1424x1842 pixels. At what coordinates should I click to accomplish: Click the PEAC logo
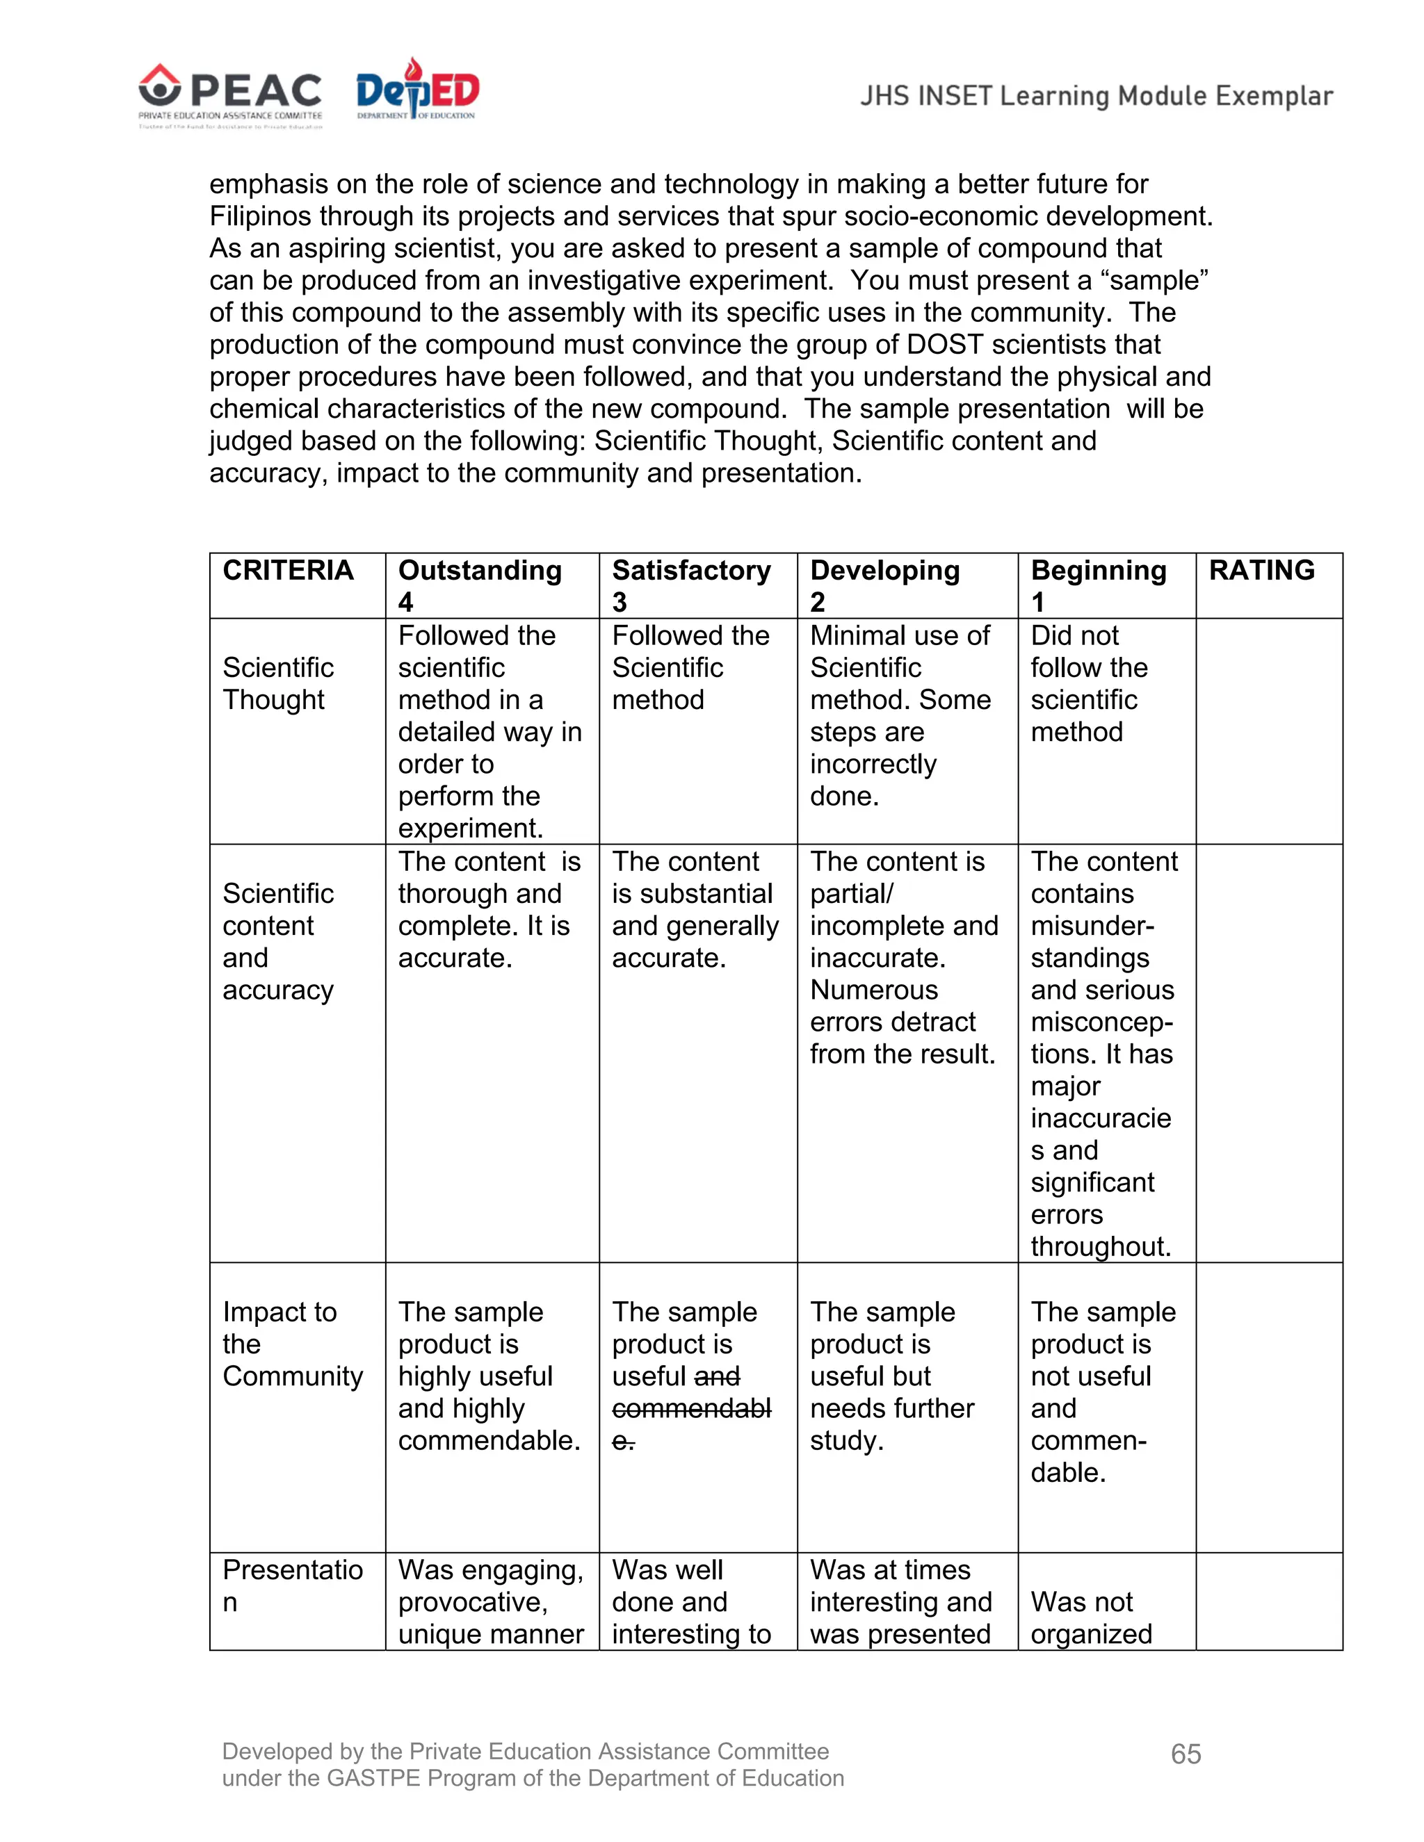(230, 95)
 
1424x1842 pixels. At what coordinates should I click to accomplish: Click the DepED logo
(418, 91)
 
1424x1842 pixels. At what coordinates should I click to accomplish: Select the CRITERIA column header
(288, 571)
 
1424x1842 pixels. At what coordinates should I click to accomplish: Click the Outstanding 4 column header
(479, 585)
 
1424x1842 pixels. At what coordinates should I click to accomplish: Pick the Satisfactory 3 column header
(691, 585)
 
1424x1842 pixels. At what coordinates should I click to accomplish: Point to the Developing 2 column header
(885, 585)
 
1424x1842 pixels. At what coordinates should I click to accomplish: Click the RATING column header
(1261, 571)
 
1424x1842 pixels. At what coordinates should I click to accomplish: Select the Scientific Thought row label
(277, 683)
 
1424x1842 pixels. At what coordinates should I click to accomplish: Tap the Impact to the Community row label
(292, 1344)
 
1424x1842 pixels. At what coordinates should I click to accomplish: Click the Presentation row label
(292, 1586)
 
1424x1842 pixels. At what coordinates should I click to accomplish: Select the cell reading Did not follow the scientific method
(1088, 683)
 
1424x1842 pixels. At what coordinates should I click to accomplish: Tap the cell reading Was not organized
(1091, 1617)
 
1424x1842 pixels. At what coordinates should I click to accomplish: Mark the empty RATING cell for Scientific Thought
(1268, 731)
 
